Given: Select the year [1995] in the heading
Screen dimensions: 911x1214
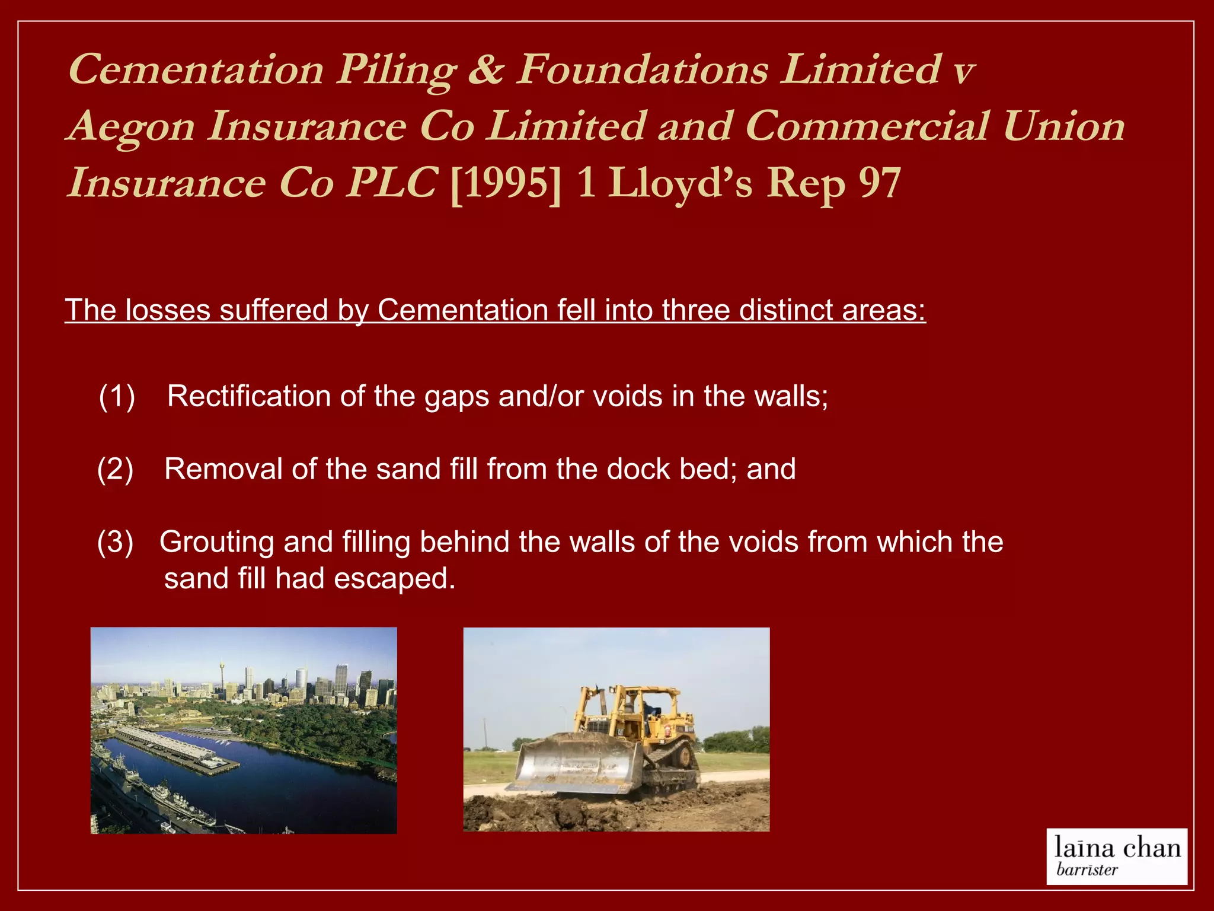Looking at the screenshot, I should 506,184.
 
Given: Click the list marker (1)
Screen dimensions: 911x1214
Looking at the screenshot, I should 117,396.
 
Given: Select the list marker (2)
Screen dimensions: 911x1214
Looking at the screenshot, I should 115,469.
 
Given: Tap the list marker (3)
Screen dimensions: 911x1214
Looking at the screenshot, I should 115,542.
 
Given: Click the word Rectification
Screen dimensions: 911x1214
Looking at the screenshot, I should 248,396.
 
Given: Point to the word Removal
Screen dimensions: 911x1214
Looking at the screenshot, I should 223,469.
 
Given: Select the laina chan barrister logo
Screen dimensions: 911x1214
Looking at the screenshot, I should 1116,856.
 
